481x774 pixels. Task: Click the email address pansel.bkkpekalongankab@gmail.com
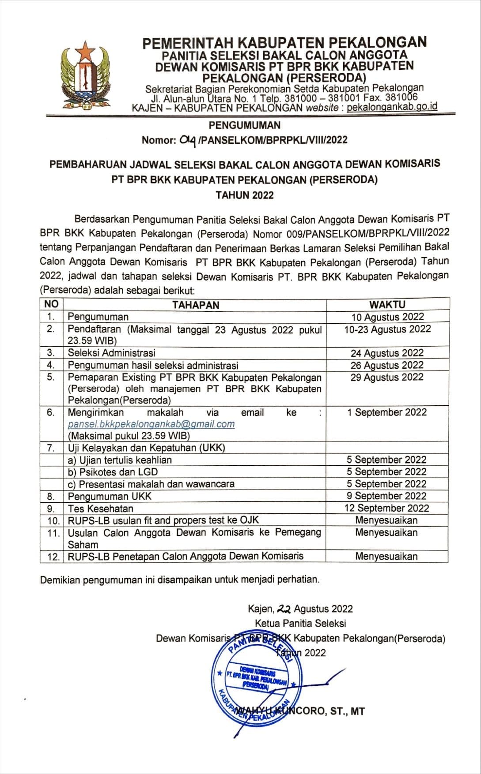[151, 424]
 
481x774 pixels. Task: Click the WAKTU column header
[387, 304]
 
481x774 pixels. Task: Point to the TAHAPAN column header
[195, 305]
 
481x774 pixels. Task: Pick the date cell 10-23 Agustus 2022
[387, 329]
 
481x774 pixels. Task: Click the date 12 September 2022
[386, 508]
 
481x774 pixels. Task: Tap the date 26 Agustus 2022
[387, 365]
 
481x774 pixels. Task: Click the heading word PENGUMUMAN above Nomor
[244, 125]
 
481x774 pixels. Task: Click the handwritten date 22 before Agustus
[283, 609]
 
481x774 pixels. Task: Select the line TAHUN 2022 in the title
[244, 195]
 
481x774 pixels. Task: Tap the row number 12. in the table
[53, 557]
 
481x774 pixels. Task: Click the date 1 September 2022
[387, 412]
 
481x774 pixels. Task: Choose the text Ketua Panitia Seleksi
[300, 623]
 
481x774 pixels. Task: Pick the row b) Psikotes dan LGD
[113, 471]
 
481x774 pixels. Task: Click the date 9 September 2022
[386, 496]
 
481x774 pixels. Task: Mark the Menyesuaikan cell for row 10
[386, 520]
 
